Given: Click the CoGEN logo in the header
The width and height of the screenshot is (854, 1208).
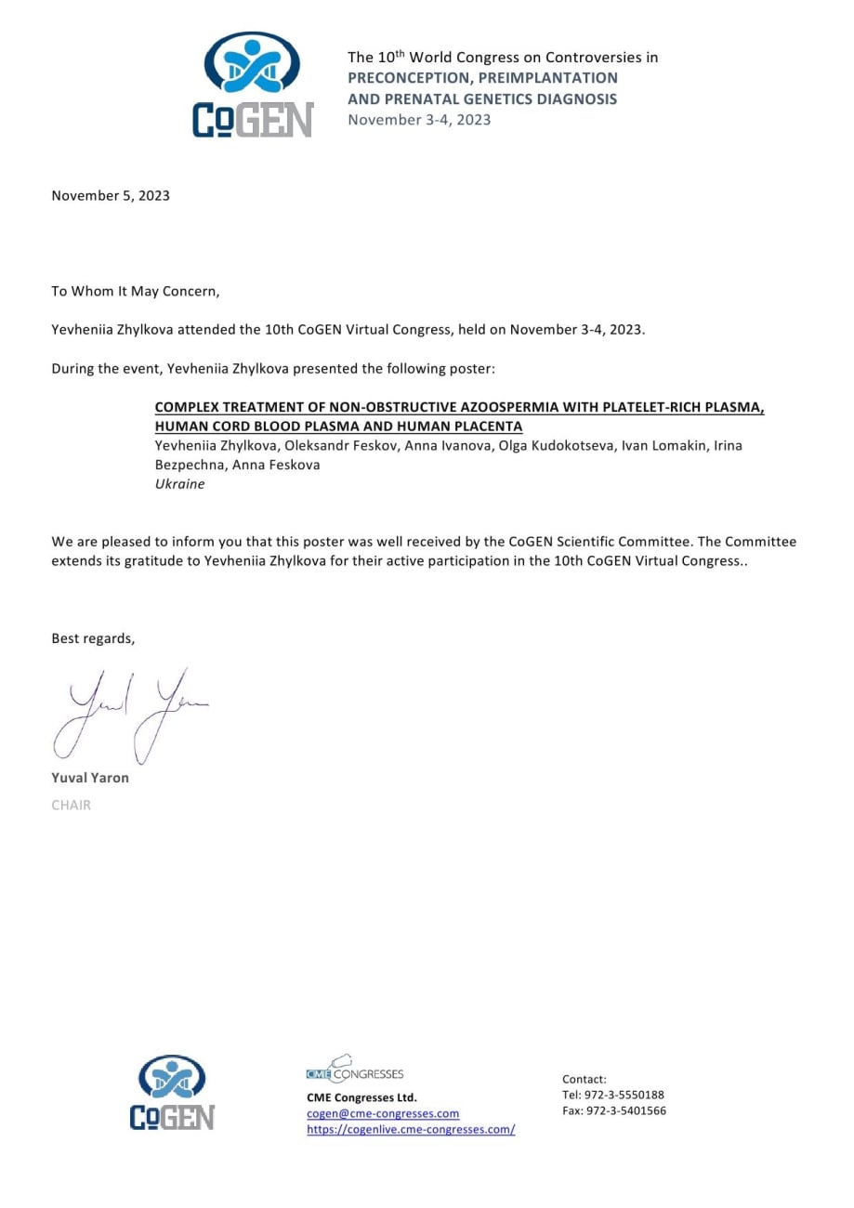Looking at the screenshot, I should [x=253, y=84].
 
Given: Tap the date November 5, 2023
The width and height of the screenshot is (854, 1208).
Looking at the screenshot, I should [x=111, y=195].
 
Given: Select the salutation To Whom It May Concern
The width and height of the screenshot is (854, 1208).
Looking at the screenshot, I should [x=136, y=292].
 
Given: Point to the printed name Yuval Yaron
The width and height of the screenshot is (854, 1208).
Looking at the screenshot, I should [x=90, y=778].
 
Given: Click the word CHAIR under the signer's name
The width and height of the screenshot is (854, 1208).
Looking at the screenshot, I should [x=71, y=805].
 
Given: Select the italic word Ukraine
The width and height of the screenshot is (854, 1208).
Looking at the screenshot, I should [x=179, y=484].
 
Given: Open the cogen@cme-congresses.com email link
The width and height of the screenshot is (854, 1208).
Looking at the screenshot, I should [x=383, y=1113].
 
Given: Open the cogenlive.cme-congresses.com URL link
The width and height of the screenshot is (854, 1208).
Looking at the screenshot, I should [x=411, y=1130].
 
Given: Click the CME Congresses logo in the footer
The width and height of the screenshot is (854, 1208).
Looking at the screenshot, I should [x=354, y=1070].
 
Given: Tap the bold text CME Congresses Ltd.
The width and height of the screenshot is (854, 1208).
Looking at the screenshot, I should [x=361, y=1097].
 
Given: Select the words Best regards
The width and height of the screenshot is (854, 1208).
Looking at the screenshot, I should [x=93, y=638].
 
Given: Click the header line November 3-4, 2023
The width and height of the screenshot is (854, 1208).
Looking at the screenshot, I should [x=419, y=119].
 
